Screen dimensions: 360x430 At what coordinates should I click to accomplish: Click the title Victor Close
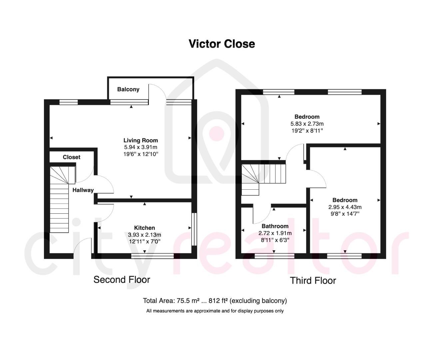click(x=221, y=44)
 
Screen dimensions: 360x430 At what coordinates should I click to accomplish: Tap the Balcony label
click(x=128, y=89)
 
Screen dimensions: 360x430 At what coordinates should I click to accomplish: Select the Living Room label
click(x=141, y=140)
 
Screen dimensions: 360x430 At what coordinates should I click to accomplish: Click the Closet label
click(x=72, y=157)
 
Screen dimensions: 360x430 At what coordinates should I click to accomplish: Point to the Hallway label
click(x=83, y=190)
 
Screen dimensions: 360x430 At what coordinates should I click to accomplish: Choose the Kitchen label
click(x=145, y=228)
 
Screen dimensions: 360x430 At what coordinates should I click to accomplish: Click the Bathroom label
click(x=275, y=226)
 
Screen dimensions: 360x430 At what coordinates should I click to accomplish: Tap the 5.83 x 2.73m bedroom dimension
click(x=307, y=124)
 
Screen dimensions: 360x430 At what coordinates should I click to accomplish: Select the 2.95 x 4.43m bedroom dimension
click(x=345, y=207)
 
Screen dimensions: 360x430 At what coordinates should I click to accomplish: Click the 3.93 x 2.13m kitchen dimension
click(x=145, y=235)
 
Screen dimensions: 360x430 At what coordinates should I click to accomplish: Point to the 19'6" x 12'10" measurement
click(x=141, y=154)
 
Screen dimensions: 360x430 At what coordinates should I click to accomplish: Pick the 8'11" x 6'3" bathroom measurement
click(x=275, y=240)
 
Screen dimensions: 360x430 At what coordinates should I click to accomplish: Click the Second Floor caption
click(x=122, y=279)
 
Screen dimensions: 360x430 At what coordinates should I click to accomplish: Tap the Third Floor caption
click(x=313, y=281)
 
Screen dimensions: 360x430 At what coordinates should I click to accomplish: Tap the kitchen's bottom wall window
click(x=153, y=256)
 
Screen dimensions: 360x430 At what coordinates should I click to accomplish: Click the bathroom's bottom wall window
click(x=274, y=256)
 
